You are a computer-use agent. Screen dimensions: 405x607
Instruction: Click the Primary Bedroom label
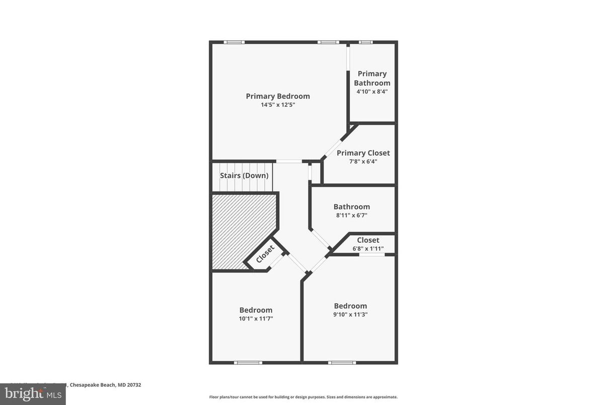coord(278,96)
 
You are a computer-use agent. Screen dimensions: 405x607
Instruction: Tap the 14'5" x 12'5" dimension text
coord(278,105)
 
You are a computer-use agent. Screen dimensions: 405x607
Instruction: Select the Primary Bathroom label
coord(372,78)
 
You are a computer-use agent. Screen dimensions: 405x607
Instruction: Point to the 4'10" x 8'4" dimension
coord(372,92)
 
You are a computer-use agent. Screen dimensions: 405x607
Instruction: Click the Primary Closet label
coord(363,153)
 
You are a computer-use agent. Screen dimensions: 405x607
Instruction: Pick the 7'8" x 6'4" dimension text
coord(363,162)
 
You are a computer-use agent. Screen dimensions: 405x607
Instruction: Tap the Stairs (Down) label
coord(244,176)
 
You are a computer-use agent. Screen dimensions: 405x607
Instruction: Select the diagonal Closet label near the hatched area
coord(265,254)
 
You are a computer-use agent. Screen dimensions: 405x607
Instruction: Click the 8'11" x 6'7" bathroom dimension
coord(351,215)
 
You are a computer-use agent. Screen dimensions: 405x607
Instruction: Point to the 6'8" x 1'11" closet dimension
coord(367,248)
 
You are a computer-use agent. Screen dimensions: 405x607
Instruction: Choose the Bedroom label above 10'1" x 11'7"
coord(256,310)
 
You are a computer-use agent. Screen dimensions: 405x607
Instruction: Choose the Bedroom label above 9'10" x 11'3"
coord(350,306)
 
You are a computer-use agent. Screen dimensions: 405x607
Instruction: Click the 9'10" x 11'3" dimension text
coord(350,314)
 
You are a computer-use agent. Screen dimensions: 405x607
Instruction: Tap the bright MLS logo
coord(33,394)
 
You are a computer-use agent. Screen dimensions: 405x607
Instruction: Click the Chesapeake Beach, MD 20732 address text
coord(105,385)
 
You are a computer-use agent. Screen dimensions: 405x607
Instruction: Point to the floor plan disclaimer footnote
coord(303,397)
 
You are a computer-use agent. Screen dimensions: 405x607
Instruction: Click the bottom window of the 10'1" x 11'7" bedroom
coord(248,362)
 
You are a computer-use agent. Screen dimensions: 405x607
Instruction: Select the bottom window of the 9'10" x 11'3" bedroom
coord(342,362)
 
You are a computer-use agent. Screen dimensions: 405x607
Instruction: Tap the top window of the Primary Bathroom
coord(365,42)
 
